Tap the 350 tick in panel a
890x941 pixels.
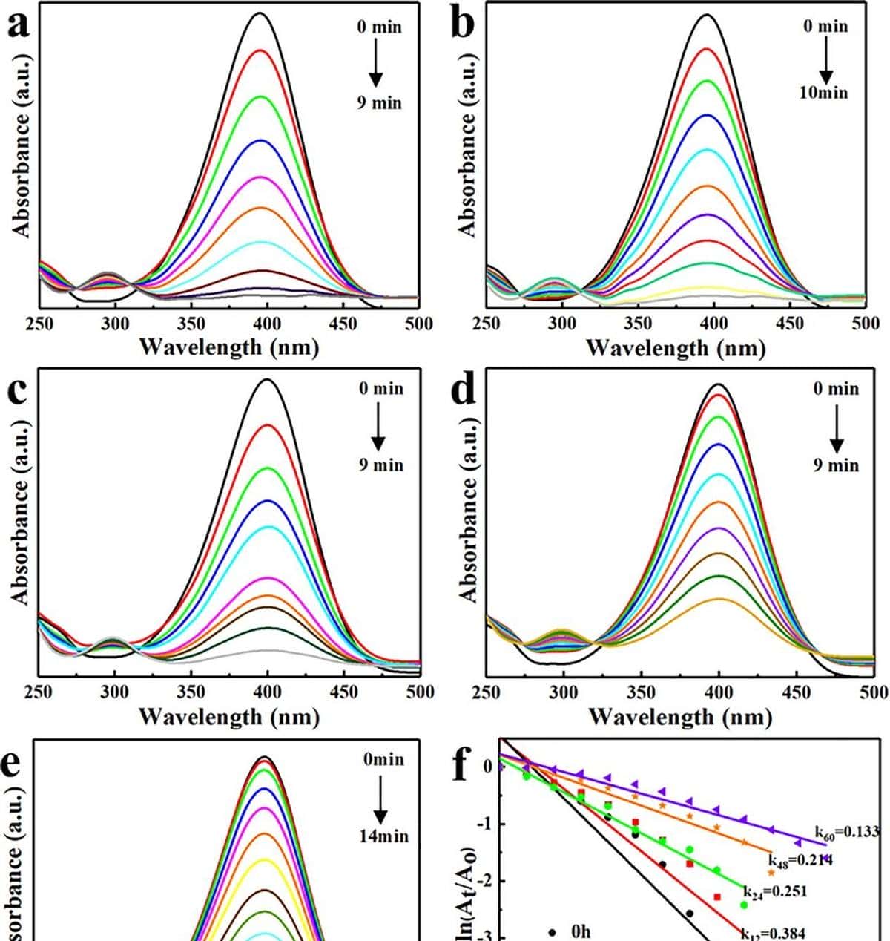click(191, 324)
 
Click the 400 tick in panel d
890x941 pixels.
click(719, 692)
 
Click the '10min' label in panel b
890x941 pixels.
click(824, 94)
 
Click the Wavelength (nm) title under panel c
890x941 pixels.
click(229, 717)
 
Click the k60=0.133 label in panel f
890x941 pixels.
click(846, 832)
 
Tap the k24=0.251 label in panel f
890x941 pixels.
click(776, 891)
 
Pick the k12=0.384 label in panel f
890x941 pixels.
click(773, 934)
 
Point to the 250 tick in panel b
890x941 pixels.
click(487, 324)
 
